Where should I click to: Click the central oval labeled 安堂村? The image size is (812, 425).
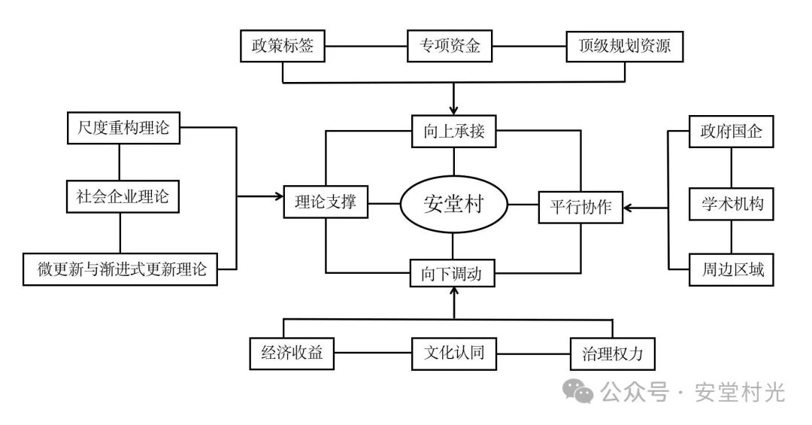pos(453,204)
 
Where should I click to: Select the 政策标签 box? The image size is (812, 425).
pos(282,47)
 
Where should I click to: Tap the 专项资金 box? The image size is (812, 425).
pos(450,47)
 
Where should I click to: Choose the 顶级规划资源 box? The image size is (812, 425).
pos(624,47)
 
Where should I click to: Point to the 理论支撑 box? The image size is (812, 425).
pos(326,203)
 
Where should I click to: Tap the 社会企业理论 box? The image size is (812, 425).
pos(121,198)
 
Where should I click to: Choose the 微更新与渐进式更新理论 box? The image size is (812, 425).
pos(120,269)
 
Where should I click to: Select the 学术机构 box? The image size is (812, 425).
pos(732,203)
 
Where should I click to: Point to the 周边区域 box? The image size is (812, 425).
pos(732,270)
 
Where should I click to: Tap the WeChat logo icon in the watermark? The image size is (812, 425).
pos(579,391)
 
